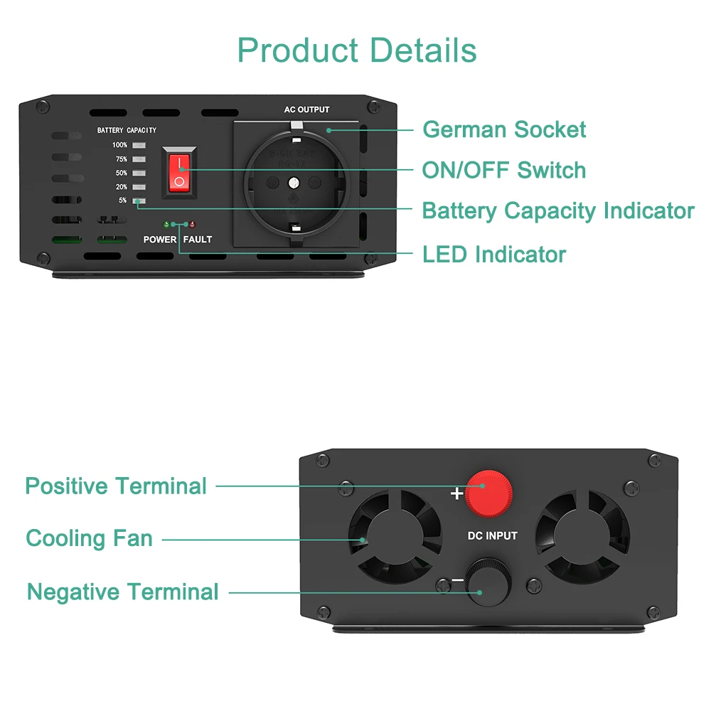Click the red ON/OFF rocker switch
pos(180,173)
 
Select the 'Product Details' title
pos(357,50)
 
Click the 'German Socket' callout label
pos(504,129)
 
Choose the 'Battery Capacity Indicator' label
pos(558,211)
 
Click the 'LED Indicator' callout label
pos(494,254)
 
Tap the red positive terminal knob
pos(489,491)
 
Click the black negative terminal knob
pos(488,584)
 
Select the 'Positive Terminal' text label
pos(116,486)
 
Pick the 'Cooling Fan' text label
pos(90,538)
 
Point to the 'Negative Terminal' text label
pos(123,592)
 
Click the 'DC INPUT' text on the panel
pos(492,535)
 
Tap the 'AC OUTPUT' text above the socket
pos(306,109)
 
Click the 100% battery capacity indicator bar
pos(138,145)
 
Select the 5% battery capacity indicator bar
pos(138,201)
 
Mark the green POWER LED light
pos(166,225)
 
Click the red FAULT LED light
pos(193,225)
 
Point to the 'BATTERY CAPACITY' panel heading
pos(127,130)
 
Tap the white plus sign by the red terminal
pos(456,493)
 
